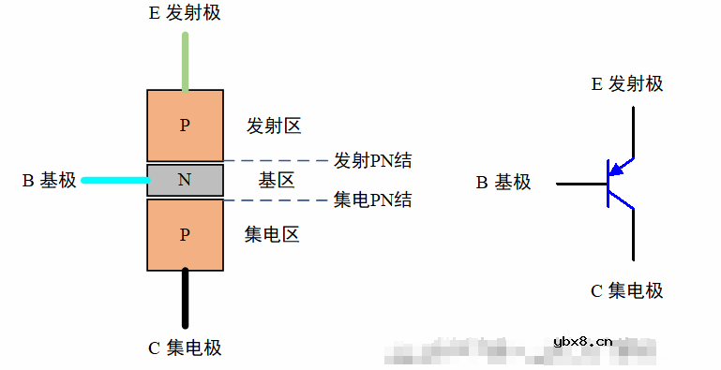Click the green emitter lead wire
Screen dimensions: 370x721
point(185,62)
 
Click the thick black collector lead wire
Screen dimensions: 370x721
point(185,299)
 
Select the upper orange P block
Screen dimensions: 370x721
point(185,126)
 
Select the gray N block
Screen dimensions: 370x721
point(185,180)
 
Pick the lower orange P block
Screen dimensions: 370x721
point(185,234)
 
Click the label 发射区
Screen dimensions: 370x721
point(274,126)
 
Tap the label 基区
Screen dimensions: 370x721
point(278,180)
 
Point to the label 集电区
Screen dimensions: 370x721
point(272,234)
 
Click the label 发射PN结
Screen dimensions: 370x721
point(372,160)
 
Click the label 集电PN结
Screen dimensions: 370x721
point(372,200)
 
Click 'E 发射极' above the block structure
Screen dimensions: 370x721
point(185,13)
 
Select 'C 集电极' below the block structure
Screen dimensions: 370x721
point(185,348)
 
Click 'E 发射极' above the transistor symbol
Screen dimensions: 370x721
point(626,84)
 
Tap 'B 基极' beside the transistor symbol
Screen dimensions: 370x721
point(503,183)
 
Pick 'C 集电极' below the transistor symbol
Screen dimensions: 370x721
point(626,291)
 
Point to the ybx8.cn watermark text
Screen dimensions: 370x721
point(583,342)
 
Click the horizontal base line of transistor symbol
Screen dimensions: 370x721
point(581,184)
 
